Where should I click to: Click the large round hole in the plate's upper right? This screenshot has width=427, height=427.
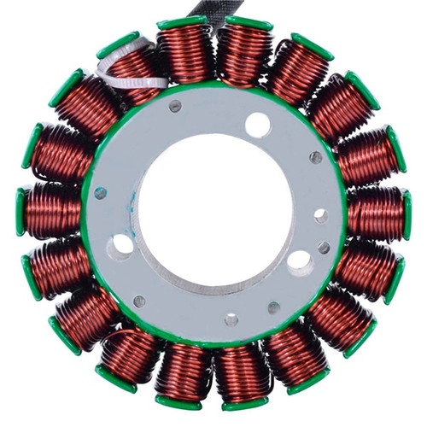pyautogui.click(x=257, y=126)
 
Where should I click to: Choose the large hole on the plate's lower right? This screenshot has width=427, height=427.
pyautogui.click(x=301, y=260)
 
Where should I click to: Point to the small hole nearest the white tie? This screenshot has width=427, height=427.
pyautogui.click(x=175, y=107)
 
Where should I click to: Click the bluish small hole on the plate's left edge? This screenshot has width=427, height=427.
pyautogui.click(x=101, y=192)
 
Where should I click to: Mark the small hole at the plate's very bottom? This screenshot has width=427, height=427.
pyautogui.click(x=231, y=320)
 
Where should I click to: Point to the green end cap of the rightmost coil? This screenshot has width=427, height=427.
pyautogui.click(x=407, y=213)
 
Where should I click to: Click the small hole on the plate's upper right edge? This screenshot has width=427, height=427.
pyautogui.click(x=316, y=157)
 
